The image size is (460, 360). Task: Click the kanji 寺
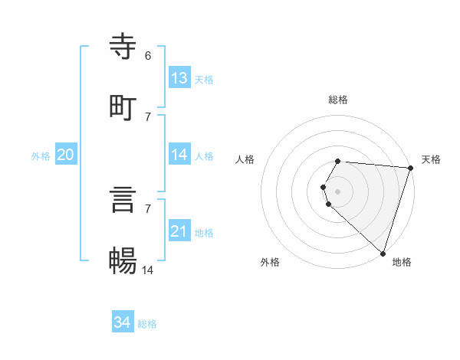(x=123, y=46)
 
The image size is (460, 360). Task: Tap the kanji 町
(x=123, y=107)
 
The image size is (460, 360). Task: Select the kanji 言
(x=123, y=199)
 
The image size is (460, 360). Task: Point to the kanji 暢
(x=123, y=260)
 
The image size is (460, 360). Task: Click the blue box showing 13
(x=179, y=77)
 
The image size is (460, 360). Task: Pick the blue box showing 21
(x=179, y=231)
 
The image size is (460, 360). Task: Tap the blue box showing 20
(x=66, y=155)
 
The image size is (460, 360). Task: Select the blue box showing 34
(x=123, y=322)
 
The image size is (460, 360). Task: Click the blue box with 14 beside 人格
(x=179, y=155)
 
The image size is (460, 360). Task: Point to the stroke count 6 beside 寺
(x=148, y=56)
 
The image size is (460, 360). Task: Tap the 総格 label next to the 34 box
(x=147, y=324)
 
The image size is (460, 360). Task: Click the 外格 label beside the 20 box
(x=41, y=155)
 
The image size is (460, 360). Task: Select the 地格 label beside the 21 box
(x=204, y=232)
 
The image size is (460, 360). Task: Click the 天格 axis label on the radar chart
(x=431, y=159)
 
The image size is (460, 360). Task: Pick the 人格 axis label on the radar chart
(x=245, y=159)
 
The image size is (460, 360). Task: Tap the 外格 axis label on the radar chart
(x=270, y=262)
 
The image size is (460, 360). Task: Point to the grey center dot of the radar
(x=338, y=191)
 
